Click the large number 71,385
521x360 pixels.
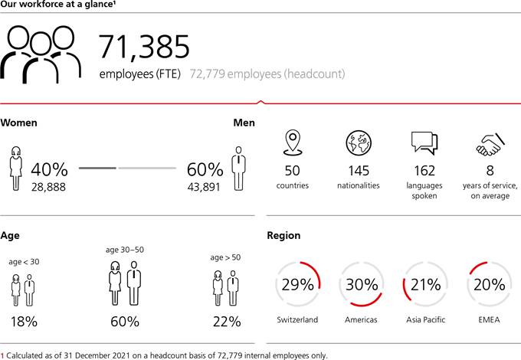click(144, 47)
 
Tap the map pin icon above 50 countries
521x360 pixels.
click(292, 144)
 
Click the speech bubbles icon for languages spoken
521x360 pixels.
click(424, 144)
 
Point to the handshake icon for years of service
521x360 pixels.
click(490, 143)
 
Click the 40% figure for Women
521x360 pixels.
click(50, 169)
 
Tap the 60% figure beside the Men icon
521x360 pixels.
click(205, 169)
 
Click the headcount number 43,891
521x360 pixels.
click(203, 186)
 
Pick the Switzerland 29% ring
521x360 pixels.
click(297, 285)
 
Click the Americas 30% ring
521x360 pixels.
click(362, 285)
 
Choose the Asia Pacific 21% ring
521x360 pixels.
click(425, 285)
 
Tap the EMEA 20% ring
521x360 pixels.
click(490, 285)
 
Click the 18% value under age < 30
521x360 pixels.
click(24, 322)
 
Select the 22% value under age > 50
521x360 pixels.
click(227, 322)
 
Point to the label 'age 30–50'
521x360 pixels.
click(126, 250)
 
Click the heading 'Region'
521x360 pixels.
click(283, 236)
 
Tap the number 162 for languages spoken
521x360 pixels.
click(424, 170)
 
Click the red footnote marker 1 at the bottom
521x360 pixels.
click(2, 355)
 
